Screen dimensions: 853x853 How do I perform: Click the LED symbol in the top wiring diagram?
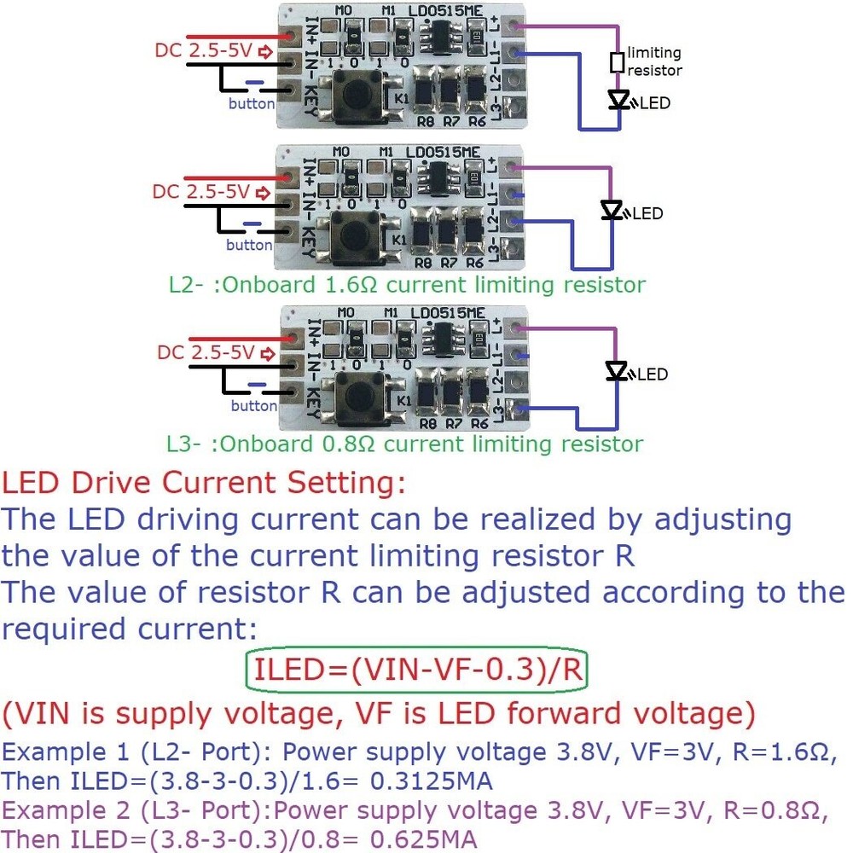(619, 100)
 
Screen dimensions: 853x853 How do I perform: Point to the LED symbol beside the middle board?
(612, 210)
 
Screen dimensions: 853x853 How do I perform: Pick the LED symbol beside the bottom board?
(616, 371)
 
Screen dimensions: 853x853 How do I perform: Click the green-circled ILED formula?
(417, 670)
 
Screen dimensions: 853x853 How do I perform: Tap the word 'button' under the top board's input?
(252, 104)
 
